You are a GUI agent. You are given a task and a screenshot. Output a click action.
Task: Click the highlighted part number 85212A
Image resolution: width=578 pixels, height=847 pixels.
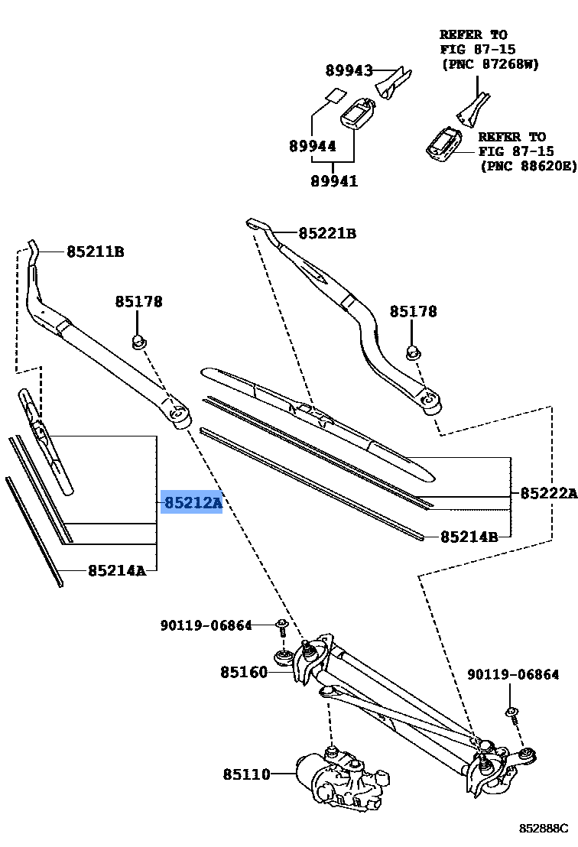(x=191, y=503)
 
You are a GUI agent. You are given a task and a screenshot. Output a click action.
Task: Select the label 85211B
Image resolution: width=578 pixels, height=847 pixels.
(x=95, y=251)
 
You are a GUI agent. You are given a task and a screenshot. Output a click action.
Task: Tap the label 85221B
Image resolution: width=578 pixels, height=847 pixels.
(x=327, y=233)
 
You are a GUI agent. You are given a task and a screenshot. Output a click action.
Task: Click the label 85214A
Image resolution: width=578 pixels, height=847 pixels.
(x=116, y=570)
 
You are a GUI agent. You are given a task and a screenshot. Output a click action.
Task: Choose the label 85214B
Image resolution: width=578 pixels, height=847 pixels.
(x=469, y=537)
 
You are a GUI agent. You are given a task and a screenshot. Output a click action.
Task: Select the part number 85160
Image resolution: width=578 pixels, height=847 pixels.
(x=244, y=672)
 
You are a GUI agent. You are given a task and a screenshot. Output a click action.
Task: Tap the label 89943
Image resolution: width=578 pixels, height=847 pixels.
(x=349, y=71)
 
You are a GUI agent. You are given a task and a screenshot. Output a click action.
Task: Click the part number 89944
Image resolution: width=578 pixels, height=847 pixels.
(x=312, y=145)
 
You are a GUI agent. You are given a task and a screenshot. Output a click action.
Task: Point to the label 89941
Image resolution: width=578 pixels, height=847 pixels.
(x=334, y=181)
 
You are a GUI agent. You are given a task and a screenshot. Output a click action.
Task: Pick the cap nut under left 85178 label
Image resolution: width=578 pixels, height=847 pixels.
(x=138, y=341)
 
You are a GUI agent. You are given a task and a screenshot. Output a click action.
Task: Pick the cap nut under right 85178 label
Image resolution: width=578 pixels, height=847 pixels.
(x=412, y=352)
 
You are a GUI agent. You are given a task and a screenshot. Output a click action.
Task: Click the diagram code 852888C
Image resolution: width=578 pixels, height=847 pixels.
(x=544, y=828)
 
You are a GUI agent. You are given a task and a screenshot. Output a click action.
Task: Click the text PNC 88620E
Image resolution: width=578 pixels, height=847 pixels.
(x=528, y=165)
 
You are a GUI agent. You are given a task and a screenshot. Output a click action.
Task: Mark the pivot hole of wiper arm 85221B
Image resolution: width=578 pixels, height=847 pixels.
(x=430, y=399)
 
